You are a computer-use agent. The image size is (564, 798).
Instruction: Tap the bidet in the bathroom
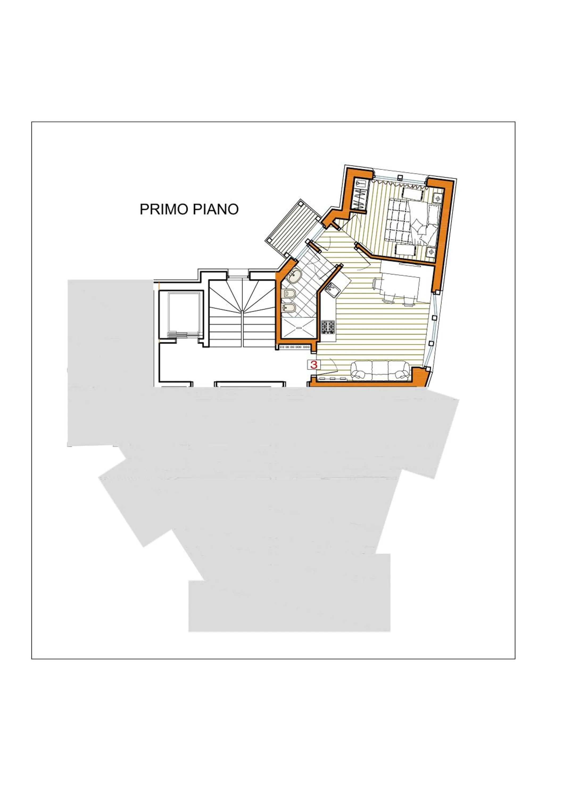(289, 308)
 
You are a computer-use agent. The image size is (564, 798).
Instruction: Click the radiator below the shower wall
(295, 347)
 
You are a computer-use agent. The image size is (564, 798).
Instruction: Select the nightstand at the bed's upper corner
(438, 198)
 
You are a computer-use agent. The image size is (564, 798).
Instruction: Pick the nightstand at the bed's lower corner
(431, 251)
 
